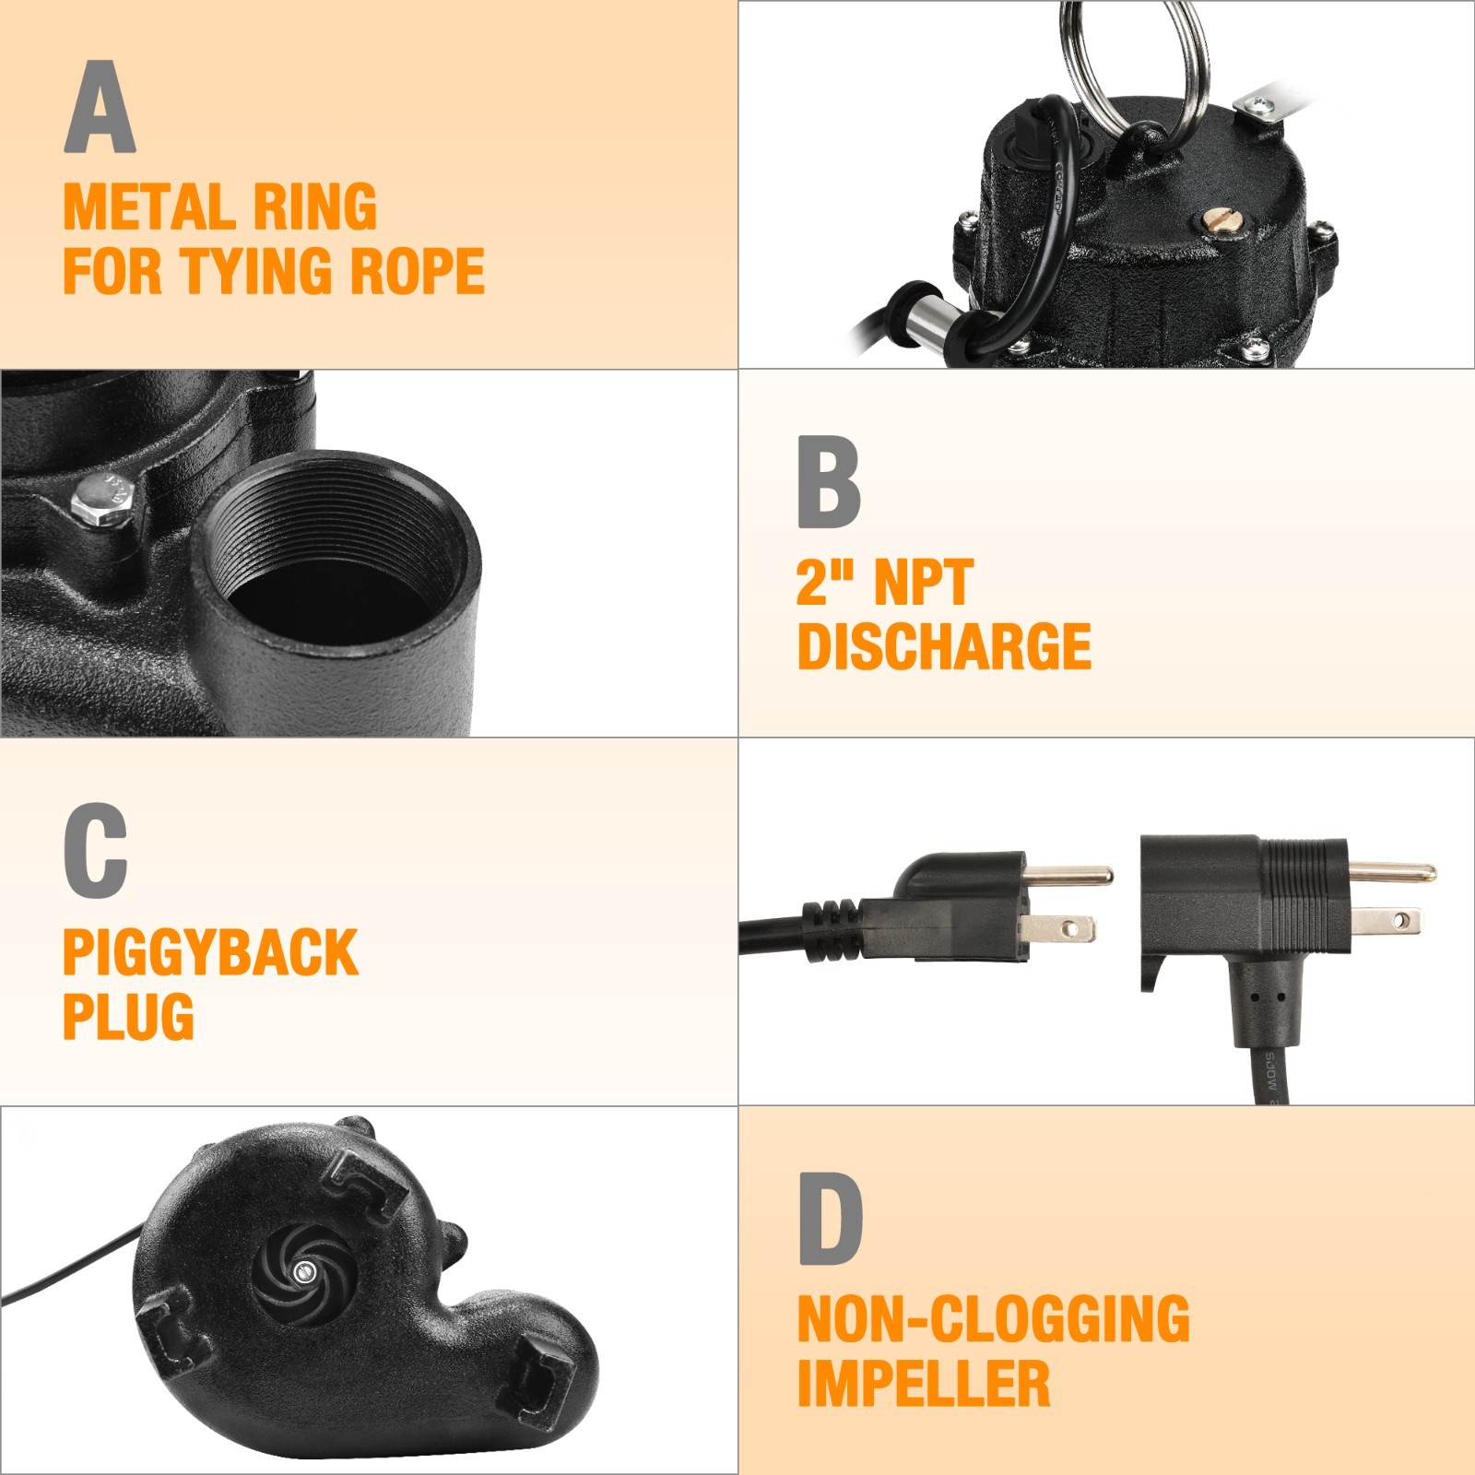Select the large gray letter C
[x=95, y=850]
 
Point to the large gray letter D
[x=830, y=1219]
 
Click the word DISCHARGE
[x=944, y=646]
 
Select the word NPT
[x=923, y=583]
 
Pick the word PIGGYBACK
[x=210, y=952]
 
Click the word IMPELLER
[x=924, y=1384]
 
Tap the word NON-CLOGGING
[x=994, y=1319]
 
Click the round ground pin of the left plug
[x=1069, y=874]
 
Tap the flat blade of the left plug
[x=1059, y=927]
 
